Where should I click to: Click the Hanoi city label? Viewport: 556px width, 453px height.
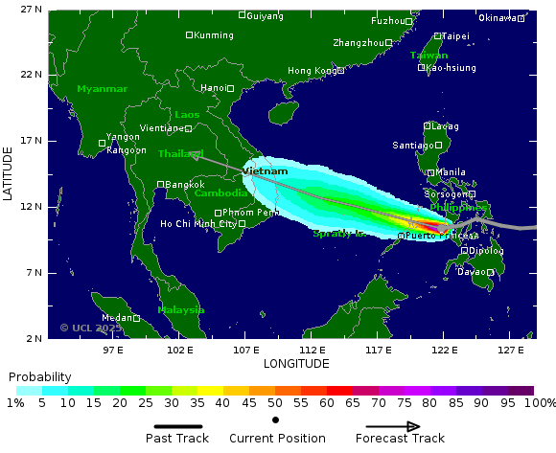click(213, 88)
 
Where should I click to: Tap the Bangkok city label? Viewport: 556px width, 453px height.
click(184, 184)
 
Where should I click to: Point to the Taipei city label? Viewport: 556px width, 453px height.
click(455, 35)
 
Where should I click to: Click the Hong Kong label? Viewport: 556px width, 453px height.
click(312, 71)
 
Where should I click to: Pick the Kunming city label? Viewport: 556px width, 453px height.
click(213, 35)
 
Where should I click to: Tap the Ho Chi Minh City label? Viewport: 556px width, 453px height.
click(198, 224)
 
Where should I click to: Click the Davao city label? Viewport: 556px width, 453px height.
click(471, 272)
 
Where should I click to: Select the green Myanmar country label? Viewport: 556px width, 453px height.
click(102, 89)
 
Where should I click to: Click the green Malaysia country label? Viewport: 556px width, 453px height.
click(181, 310)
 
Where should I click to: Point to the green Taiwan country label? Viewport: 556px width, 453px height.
click(429, 56)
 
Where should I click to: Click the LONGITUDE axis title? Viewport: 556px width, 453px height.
click(296, 364)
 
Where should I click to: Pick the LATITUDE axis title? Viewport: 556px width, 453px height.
click(9, 173)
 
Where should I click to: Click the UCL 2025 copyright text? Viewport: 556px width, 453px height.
click(91, 328)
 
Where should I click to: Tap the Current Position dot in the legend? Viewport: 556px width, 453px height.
click(275, 419)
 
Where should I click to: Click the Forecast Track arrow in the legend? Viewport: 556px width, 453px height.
click(392, 426)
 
